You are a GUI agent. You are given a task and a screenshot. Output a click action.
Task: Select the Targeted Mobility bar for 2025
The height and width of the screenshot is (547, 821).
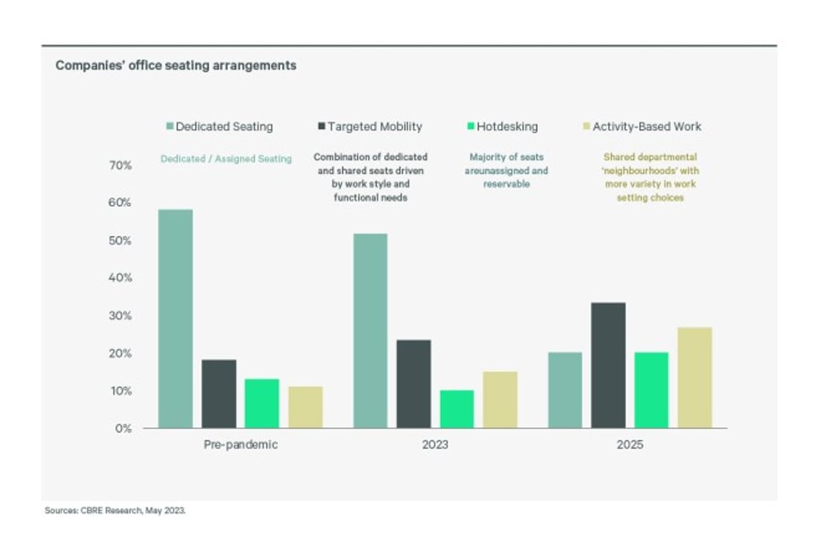point(608,365)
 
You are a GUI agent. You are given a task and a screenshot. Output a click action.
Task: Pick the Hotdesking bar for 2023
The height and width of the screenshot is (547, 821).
point(456,409)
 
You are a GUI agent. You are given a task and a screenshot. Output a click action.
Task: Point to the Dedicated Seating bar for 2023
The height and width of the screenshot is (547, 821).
point(370,330)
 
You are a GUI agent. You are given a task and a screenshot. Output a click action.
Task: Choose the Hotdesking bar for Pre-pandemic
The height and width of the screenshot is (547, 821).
point(261,403)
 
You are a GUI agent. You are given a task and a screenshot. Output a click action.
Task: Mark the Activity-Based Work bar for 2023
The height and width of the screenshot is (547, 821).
point(499,399)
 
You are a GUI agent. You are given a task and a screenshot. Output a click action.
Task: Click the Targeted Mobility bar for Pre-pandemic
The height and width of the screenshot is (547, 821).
point(219,394)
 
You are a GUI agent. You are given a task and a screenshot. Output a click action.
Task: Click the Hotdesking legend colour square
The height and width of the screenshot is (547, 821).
point(471,127)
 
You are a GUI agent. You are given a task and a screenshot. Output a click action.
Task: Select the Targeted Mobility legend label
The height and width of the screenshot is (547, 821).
point(374,127)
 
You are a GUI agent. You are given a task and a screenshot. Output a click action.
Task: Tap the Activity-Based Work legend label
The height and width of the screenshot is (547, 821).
point(646,127)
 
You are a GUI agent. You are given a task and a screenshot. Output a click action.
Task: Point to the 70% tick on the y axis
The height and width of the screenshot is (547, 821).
point(120,165)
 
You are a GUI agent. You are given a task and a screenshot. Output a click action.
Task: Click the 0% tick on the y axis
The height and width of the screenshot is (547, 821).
point(123,428)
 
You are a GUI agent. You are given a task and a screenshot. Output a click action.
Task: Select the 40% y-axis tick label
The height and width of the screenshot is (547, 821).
point(120,278)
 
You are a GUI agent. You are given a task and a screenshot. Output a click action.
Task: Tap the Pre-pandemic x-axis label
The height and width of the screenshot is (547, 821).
point(241,444)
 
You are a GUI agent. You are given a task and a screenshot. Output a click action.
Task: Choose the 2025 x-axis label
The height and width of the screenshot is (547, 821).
point(629,444)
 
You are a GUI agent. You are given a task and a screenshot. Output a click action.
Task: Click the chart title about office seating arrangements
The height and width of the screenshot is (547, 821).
point(176,66)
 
